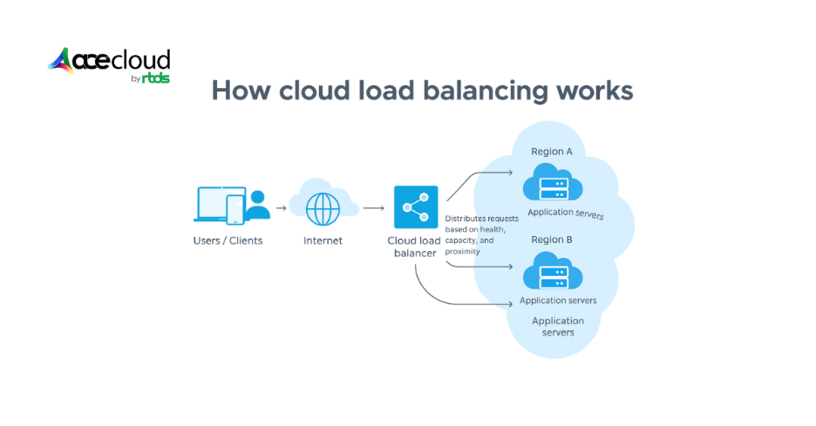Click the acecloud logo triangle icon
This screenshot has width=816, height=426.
(x=61, y=61)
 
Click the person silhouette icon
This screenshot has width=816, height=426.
(x=258, y=207)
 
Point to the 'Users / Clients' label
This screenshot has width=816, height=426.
(x=228, y=240)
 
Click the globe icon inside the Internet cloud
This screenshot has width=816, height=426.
(x=323, y=209)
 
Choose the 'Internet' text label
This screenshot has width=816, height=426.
(x=323, y=240)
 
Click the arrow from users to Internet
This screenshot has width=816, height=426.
(x=281, y=209)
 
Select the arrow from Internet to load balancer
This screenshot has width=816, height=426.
(x=373, y=209)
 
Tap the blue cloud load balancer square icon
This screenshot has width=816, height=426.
(x=416, y=207)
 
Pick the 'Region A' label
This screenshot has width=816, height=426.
(x=552, y=152)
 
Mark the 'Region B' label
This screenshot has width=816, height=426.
(x=552, y=240)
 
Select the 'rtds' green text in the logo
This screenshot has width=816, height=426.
(x=156, y=78)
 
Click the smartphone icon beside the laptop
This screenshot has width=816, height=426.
(x=235, y=209)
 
